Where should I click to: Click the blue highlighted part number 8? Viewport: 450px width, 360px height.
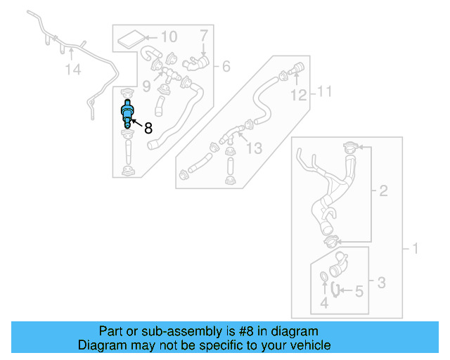127,113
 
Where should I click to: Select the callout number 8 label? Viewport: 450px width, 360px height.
148,128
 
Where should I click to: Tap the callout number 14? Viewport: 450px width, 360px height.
73,69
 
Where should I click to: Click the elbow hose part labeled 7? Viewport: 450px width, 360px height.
196,64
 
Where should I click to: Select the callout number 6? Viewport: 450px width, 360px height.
226,67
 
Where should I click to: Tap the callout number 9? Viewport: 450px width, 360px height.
146,86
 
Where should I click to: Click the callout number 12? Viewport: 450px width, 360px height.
299,95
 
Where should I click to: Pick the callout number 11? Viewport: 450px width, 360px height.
323,91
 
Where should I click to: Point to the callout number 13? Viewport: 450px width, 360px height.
253,148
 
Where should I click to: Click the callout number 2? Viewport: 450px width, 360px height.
383,191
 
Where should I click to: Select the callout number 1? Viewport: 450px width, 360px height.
414,248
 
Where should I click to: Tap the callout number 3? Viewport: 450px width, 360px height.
380,283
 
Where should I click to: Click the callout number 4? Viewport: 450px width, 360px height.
324,302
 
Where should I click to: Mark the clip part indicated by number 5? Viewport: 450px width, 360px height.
335,289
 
